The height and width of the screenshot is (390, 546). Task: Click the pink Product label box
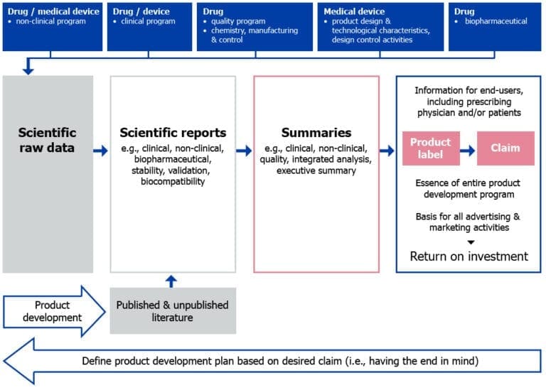click(431, 148)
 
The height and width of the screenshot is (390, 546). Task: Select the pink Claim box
click(505, 148)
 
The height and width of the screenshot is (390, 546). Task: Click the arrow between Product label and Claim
click(468, 148)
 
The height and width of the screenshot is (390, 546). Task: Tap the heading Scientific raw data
click(48, 141)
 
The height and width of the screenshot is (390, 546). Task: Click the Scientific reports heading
click(173, 133)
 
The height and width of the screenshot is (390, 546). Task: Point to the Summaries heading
click(316, 133)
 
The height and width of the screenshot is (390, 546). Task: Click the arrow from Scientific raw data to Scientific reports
click(101, 151)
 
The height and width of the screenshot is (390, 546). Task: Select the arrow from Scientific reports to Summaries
click(245, 151)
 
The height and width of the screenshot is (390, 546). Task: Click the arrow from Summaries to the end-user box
click(387, 151)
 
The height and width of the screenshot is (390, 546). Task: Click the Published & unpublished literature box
click(173, 310)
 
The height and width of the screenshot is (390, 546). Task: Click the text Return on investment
click(469, 256)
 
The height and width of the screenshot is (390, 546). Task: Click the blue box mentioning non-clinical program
click(53, 26)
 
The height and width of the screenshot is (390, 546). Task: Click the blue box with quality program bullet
click(255, 26)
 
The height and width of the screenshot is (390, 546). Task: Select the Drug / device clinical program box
click(149, 26)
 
